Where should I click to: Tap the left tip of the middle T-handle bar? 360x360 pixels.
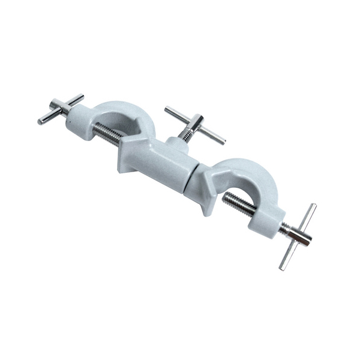167,109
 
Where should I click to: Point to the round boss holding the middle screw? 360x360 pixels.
176,145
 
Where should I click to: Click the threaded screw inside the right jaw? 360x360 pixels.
240,203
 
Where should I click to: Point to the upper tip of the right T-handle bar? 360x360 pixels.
313,206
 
